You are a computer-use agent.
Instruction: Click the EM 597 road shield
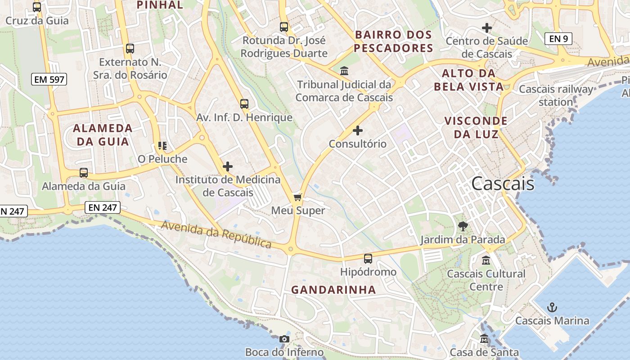(x=49, y=80)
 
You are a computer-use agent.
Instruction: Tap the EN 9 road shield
(x=558, y=39)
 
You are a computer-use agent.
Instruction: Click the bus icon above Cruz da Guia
(x=37, y=7)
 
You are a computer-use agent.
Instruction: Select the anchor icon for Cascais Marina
(x=552, y=308)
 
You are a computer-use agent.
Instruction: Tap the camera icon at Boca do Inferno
(x=284, y=339)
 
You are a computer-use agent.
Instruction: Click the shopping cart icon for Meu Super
(x=297, y=197)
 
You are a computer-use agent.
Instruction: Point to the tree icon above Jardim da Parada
(x=463, y=226)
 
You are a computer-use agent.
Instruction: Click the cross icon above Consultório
(x=358, y=130)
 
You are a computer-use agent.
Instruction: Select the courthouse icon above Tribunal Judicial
(x=344, y=71)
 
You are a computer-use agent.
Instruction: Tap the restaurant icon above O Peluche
(x=162, y=146)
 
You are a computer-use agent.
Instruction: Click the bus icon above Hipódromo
(x=368, y=259)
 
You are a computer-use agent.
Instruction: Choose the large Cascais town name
(x=503, y=183)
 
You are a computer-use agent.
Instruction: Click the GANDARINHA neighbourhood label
(x=333, y=289)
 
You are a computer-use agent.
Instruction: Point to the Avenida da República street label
(x=216, y=234)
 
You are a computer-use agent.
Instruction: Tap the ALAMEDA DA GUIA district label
(x=103, y=135)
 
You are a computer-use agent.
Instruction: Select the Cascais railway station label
(x=556, y=95)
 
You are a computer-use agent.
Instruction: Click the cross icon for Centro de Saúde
(x=487, y=28)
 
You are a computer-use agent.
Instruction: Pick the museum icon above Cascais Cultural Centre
(x=486, y=260)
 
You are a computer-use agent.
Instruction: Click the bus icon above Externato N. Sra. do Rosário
(x=130, y=49)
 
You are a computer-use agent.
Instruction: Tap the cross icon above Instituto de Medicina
(x=228, y=166)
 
